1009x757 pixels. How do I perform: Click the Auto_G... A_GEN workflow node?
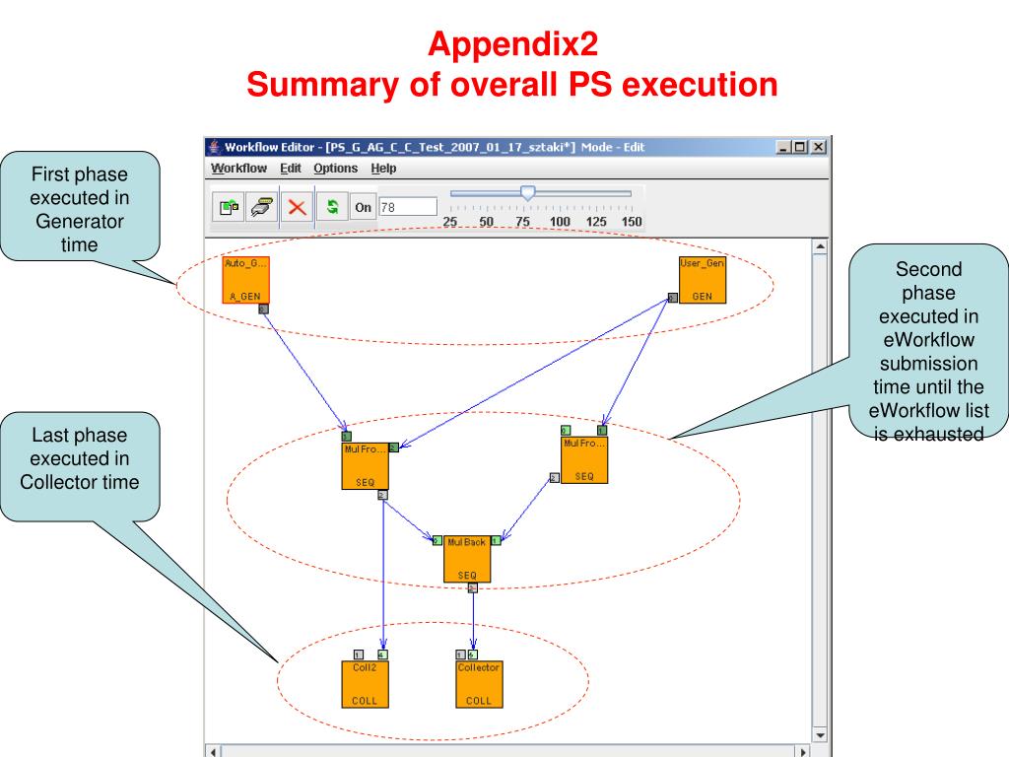pos(245,280)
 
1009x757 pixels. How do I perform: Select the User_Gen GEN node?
pos(703,280)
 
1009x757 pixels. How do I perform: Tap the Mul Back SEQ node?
pos(467,558)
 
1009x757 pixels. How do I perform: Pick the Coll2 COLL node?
pos(365,683)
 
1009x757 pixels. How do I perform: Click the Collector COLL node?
pos(479,683)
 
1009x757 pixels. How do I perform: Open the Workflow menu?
pos(239,169)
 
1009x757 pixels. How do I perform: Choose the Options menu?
pos(335,169)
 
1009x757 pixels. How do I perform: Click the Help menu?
pos(383,169)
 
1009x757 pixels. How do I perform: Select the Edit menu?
pos(291,169)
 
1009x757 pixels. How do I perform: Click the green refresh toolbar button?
pos(333,207)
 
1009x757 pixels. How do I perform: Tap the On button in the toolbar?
pos(363,207)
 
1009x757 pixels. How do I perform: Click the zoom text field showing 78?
pos(407,207)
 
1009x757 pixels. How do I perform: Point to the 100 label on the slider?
pos(560,222)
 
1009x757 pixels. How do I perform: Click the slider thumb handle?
pos(528,194)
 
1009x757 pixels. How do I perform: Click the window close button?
pos(818,147)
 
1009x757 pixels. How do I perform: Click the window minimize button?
pos(784,147)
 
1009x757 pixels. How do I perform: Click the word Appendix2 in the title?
pos(511,44)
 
